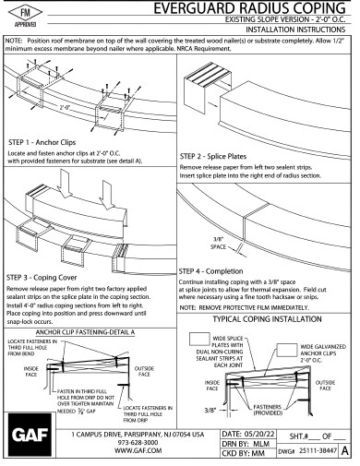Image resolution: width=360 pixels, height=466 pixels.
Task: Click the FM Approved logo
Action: [x=25, y=19]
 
